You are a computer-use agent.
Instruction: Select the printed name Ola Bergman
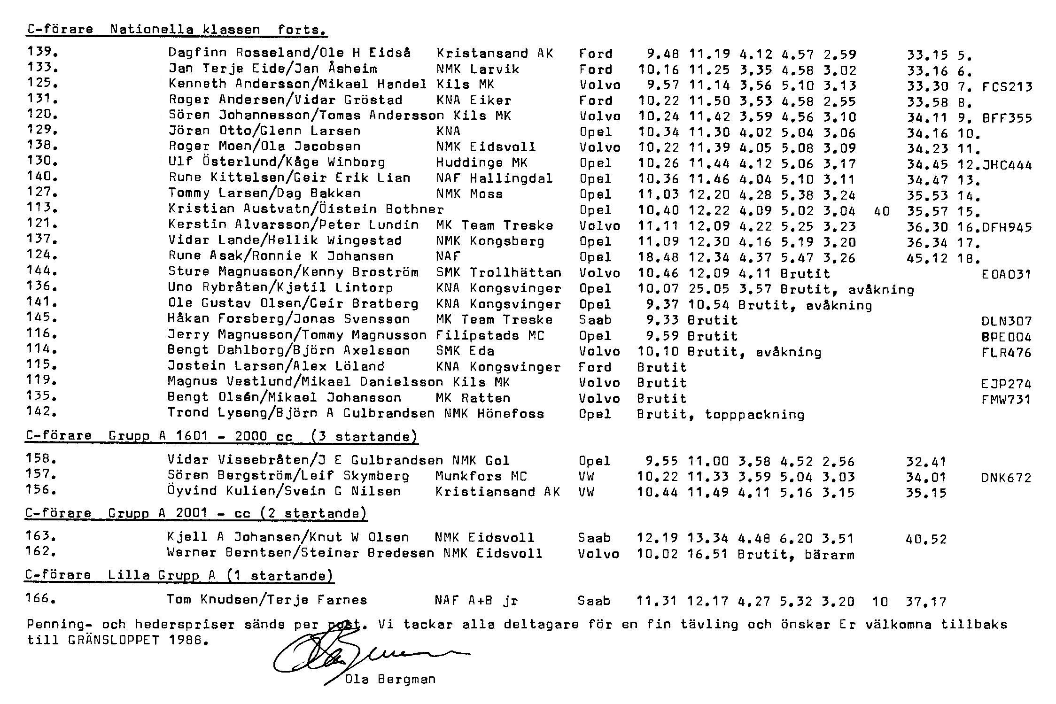[390, 679]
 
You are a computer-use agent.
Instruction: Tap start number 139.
[42, 52]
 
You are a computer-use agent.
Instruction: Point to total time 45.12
[927, 258]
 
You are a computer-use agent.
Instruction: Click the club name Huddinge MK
[481, 163]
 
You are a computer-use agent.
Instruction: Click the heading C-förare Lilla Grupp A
[179, 576]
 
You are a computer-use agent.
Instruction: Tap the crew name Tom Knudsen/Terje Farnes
[267, 600]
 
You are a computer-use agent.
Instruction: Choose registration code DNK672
[1006, 478]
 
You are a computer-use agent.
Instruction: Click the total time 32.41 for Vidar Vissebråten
[926, 462]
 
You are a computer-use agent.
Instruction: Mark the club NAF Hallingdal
[494, 178]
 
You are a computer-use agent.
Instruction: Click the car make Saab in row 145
[595, 320]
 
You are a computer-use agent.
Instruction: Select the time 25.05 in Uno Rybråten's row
[708, 289]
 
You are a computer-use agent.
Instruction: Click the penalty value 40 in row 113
[882, 211]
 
